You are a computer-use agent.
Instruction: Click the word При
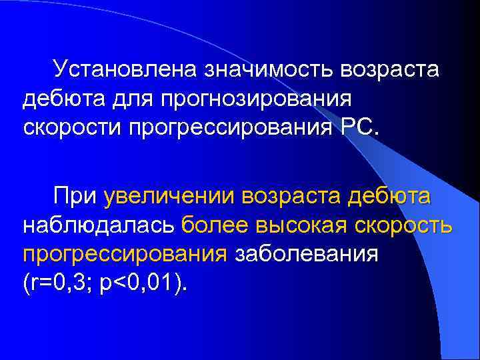(76, 197)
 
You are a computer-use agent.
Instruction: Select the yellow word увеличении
(169, 198)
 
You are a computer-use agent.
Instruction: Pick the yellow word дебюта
(390, 198)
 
